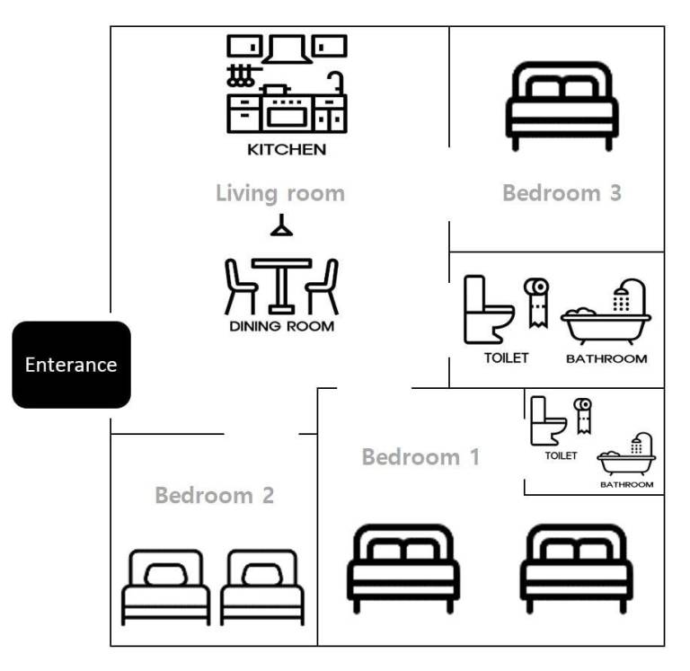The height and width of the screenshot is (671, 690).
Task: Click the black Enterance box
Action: point(71,365)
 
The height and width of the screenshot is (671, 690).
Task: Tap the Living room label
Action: point(279,193)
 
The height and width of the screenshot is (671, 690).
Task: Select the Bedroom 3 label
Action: point(562,193)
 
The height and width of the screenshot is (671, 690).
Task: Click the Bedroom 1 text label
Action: point(420,456)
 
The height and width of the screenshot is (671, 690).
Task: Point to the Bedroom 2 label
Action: point(214,495)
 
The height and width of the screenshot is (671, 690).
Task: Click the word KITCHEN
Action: point(286,150)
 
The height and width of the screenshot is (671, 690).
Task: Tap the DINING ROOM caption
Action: point(281,326)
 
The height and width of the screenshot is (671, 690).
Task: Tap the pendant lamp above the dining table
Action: point(282,227)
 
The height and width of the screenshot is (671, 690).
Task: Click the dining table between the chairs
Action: point(281,283)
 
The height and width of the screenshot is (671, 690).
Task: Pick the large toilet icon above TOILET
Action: point(487,310)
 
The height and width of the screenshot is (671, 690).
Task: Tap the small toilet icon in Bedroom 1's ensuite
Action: point(546,422)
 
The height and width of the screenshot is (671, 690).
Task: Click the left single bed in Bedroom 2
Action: point(166,587)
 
